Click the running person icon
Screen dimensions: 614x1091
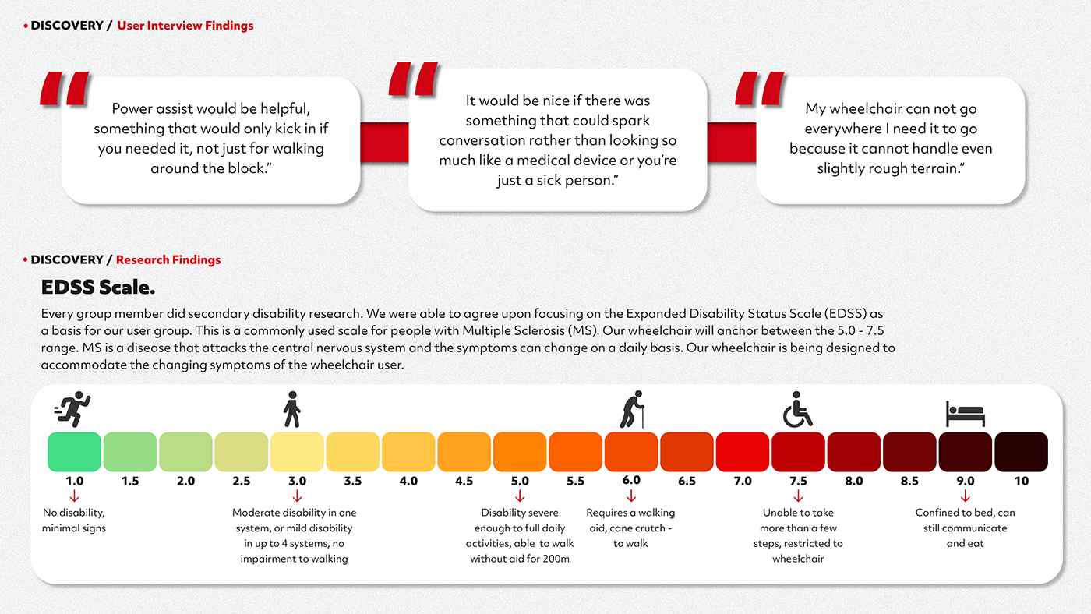click(72, 410)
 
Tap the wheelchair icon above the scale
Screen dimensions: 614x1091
click(797, 410)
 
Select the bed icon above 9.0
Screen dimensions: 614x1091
click(965, 413)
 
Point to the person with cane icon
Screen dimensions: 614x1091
click(632, 410)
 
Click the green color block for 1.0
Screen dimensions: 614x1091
click(75, 452)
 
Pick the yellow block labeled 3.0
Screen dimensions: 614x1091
click(297, 452)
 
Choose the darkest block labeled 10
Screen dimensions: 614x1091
click(1021, 452)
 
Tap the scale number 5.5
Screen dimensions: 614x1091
click(575, 482)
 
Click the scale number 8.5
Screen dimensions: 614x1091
click(909, 482)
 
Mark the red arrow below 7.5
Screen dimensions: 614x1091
click(798, 496)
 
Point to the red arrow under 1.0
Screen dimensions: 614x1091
click(75, 496)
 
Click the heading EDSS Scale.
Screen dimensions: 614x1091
click(98, 288)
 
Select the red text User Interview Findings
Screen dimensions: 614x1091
click(185, 26)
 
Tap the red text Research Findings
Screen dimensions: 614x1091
click(168, 260)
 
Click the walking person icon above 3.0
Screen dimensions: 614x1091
click(292, 410)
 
